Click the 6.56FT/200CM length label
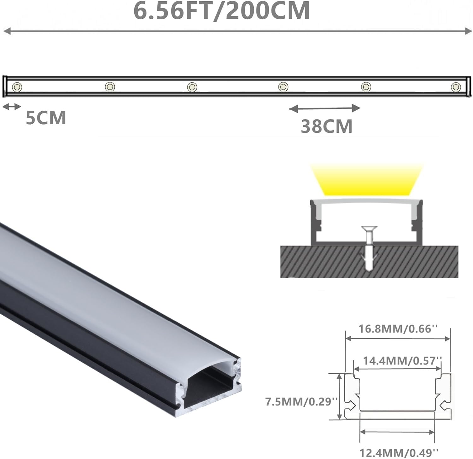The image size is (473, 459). click(x=222, y=11)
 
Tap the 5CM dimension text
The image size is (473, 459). click(x=46, y=118)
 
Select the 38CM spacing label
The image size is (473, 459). click(x=326, y=126)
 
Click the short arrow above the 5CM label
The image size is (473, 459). click(x=12, y=107)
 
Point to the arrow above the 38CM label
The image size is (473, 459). click(x=324, y=108)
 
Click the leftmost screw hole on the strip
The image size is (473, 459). click(x=17, y=87)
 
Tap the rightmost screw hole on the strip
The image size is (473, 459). click(x=456, y=87)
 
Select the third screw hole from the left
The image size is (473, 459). click(x=192, y=87)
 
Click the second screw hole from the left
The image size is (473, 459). click(x=110, y=86)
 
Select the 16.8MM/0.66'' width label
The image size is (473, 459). click(x=398, y=329)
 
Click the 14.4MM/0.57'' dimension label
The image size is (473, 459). click(x=402, y=360)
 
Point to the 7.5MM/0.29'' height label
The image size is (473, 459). click(x=301, y=402)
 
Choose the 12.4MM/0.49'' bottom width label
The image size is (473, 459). click(x=399, y=453)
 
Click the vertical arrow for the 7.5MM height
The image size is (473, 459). click(x=340, y=396)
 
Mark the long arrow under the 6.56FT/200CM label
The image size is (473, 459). click(x=237, y=31)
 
